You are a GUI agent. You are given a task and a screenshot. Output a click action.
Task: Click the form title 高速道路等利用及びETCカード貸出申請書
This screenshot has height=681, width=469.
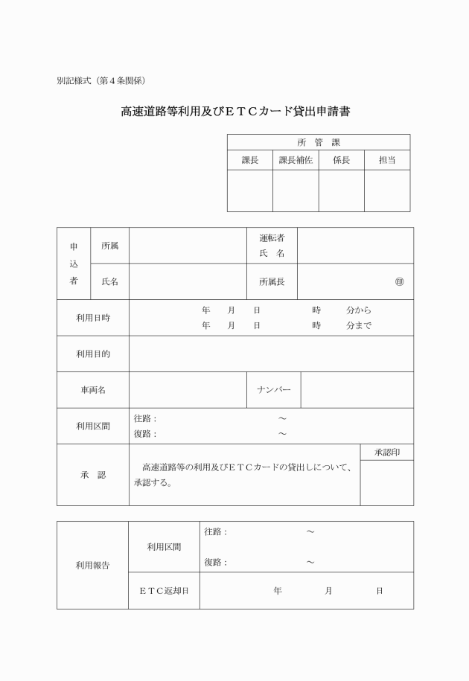pos(235,112)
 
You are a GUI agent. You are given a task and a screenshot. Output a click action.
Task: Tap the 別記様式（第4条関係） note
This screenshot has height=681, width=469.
pos(100,80)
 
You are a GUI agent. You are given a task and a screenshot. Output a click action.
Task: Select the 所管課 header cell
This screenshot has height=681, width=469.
pos(318,142)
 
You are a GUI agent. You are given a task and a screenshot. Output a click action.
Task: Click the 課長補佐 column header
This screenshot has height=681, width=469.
pos(296,160)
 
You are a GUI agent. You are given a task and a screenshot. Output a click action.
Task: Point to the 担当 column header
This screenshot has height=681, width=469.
pos(387,160)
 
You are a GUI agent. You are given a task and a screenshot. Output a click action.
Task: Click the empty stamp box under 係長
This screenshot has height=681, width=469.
pos(341,191)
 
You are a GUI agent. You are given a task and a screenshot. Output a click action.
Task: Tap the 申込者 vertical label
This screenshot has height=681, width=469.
pos(74,263)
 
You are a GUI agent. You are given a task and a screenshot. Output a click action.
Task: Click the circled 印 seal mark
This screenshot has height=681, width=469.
pos(400,282)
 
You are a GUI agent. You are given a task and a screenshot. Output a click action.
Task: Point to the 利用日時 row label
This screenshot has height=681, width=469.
pos(93,318)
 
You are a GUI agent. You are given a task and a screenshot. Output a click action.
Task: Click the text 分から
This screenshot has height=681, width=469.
pos(359,310)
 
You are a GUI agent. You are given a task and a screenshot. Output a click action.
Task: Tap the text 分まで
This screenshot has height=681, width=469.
pos(359,326)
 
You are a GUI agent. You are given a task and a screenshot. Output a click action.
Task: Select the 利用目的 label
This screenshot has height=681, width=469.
pos(93,354)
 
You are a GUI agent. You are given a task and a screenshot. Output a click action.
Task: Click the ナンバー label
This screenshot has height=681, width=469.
pos(274,390)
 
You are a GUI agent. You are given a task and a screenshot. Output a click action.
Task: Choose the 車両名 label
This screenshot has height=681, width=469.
pos(93,390)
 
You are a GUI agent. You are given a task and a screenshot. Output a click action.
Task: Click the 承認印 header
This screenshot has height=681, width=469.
pos(387,453)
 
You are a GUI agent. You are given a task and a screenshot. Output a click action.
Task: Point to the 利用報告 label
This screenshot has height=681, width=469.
pos(93,565)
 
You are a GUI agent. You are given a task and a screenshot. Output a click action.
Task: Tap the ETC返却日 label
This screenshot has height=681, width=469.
pos(164,591)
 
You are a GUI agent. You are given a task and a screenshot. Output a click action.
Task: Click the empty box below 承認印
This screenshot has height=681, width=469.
pos(387,482)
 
